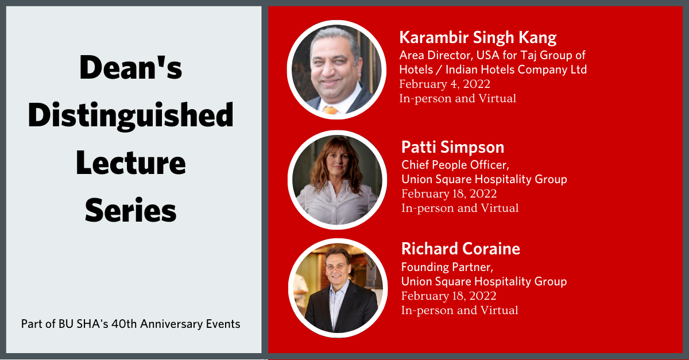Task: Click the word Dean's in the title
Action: click(x=131, y=67)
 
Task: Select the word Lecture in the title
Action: click(x=131, y=162)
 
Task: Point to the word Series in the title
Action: click(x=131, y=210)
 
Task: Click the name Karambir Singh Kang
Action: click(x=478, y=38)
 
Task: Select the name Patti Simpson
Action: click(x=453, y=147)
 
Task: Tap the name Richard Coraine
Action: click(x=460, y=249)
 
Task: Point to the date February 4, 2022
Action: click(x=444, y=84)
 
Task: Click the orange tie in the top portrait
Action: click(x=331, y=110)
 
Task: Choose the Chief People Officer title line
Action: click(x=455, y=165)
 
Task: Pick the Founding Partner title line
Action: click(x=447, y=267)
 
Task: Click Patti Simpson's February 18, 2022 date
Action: click(x=449, y=194)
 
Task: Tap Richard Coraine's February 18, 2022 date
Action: click(x=449, y=296)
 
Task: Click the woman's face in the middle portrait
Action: click(x=338, y=161)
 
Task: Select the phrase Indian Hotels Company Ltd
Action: click(x=516, y=70)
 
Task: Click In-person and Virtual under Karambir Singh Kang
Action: click(x=458, y=98)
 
